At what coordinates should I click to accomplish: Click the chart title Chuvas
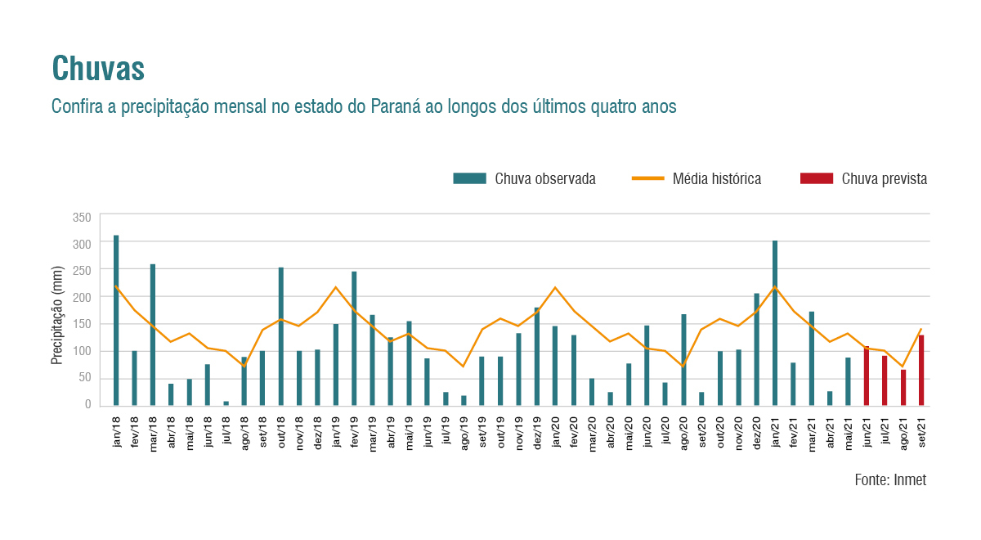point(98,69)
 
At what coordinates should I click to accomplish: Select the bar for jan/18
point(116,320)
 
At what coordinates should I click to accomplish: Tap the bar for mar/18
point(153,335)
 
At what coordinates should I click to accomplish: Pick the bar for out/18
point(281,336)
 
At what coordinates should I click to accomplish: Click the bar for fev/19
point(354,338)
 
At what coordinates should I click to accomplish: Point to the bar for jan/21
point(775,323)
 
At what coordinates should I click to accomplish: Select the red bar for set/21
point(921,370)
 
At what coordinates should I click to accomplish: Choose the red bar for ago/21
point(903,387)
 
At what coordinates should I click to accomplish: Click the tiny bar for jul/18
point(226,403)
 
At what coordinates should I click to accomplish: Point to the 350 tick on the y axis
point(82,218)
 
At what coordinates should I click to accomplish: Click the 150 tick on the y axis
point(82,324)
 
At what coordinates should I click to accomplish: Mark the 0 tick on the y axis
point(87,404)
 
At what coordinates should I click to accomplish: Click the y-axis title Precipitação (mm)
point(57,315)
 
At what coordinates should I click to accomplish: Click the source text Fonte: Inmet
point(890,480)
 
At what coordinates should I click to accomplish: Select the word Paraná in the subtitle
point(395,107)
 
